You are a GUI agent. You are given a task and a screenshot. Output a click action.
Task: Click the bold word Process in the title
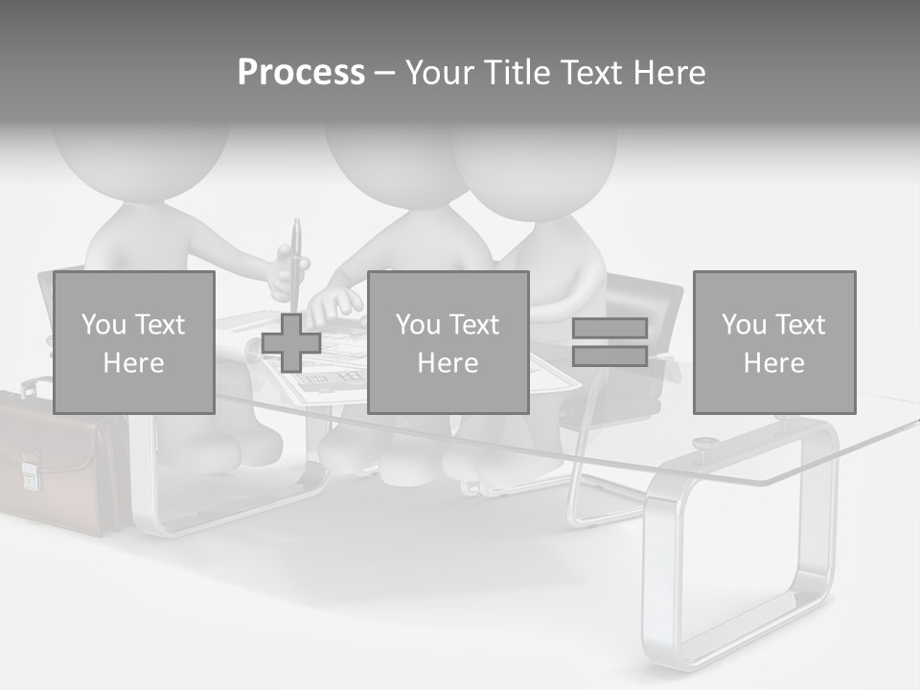301,73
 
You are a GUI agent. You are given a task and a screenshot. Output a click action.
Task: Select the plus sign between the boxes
291,342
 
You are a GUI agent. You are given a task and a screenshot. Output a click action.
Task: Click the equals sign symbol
609,342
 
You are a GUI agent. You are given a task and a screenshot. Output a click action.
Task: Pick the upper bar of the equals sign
609,328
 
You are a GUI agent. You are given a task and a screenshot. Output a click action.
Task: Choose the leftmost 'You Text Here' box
134,342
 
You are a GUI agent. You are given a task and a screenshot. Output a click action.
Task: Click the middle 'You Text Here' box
448,342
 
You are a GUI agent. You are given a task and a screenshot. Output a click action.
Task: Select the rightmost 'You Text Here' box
774,342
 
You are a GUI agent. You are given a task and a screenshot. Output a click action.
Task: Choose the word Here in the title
669,73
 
